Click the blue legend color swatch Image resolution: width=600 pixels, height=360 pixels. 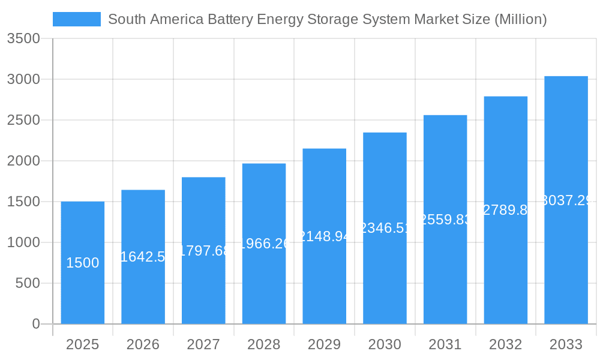(x=77, y=19)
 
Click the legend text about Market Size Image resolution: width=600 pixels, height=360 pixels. (x=327, y=19)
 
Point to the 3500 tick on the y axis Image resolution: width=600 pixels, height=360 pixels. (x=23, y=38)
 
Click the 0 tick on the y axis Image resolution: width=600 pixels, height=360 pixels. (x=35, y=324)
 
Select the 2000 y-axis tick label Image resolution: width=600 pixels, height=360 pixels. (x=23, y=161)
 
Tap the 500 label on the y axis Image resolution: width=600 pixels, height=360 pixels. (x=27, y=283)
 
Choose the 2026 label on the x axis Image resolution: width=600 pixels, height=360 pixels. (x=143, y=344)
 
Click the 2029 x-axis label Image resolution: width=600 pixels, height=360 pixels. (x=324, y=344)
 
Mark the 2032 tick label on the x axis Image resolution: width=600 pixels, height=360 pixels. (x=505, y=344)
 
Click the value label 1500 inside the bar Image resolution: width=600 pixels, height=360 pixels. (x=83, y=263)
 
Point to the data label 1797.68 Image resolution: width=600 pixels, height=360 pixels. (x=204, y=251)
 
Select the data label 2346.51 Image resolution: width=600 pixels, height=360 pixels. (x=385, y=228)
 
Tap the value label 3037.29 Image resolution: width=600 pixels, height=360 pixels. (x=566, y=200)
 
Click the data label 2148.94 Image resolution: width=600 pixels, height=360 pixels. (x=324, y=236)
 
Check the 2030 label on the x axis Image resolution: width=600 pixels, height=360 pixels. (x=385, y=344)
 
